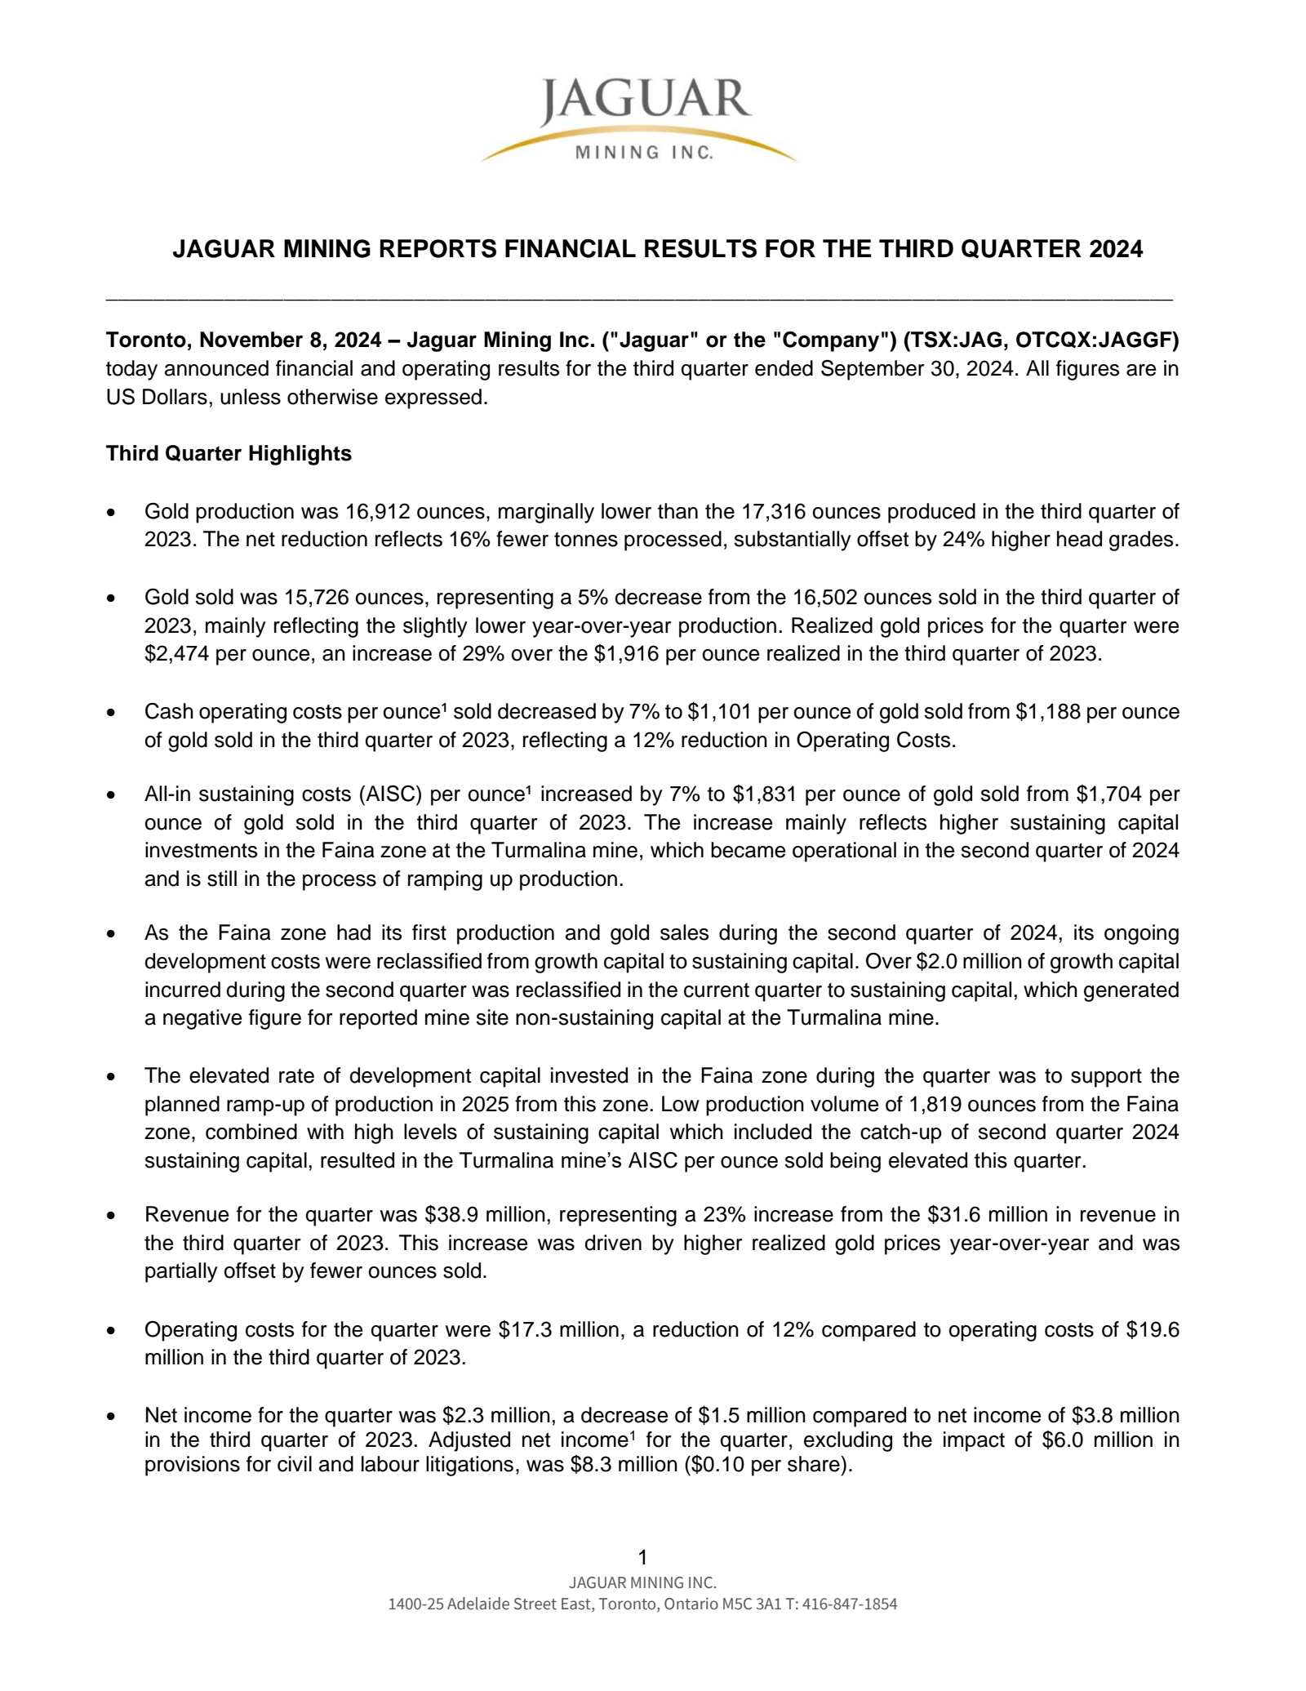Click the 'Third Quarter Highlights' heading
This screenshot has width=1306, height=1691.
coord(229,453)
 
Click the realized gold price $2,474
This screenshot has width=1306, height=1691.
coord(175,654)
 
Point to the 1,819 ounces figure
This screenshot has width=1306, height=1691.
coord(939,1105)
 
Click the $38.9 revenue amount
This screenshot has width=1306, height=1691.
coord(452,1215)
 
